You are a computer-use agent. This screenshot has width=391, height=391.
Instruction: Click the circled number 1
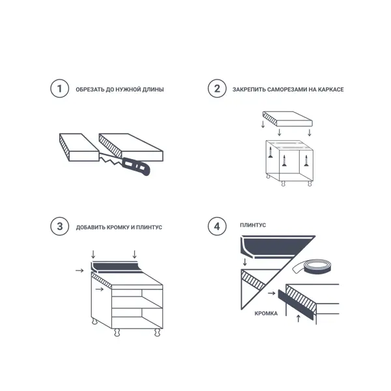point(59,89)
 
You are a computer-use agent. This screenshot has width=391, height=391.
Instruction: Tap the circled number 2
point(217,89)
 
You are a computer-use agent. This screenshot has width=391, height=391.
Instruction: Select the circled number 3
point(59,226)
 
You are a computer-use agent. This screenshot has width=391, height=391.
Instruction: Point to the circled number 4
point(217,226)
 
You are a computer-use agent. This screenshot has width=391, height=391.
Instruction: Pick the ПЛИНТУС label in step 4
point(253,225)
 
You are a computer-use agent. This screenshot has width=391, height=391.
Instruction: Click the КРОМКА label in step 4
point(266,313)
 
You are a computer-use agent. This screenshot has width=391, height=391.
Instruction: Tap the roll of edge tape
point(312,267)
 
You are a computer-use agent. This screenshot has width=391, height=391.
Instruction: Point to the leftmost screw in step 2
point(270,152)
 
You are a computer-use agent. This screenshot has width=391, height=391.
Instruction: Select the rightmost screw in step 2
point(306,160)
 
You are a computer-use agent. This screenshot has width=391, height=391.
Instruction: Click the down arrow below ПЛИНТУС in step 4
point(244,262)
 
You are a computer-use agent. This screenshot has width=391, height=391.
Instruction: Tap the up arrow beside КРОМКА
point(298,319)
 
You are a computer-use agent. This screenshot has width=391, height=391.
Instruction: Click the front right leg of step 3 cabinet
point(157,332)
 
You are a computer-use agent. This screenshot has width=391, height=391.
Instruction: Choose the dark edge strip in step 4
point(296,305)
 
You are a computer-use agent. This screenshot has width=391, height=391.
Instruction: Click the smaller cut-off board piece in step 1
point(80,147)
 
